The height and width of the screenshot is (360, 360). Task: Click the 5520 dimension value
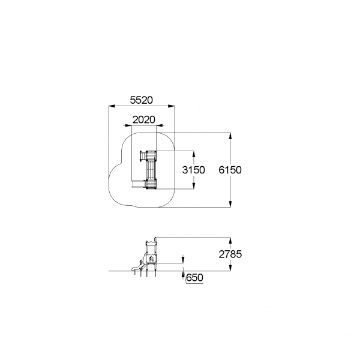point(141,100)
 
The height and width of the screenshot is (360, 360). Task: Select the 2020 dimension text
point(144,119)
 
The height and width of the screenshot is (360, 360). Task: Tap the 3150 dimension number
point(193,170)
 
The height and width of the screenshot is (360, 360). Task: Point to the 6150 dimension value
point(230,170)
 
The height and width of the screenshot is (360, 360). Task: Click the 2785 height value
point(230,254)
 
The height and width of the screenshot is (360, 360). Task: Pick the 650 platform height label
point(194,278)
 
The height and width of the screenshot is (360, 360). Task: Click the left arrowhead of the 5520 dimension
point(112,106)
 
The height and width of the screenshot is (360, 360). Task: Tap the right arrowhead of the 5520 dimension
point(171,106)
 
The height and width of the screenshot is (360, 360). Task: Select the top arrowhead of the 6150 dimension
point(230,136)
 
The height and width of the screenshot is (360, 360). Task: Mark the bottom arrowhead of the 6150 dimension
point(230,204)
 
